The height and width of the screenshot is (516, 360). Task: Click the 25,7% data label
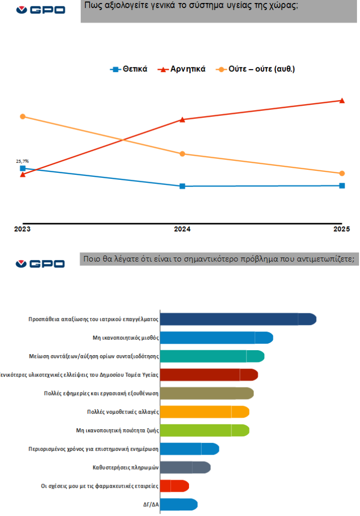[x=22, y=161]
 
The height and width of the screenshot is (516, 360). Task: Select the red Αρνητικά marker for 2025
[x=342, y=101]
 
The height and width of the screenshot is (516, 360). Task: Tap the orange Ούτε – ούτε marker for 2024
[x=183, y=154]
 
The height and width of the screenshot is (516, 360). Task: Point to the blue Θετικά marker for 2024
[x=183, y=186]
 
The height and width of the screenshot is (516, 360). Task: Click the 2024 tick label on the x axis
[x=182, y=229]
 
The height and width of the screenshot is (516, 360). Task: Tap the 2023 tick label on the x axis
[x=22, y=229]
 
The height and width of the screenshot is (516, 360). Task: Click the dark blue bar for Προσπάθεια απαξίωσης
[x=237, y=319]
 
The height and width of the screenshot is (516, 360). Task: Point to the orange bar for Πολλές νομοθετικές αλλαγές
[x=204, y=412]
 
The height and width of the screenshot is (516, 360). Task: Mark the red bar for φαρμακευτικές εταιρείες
[x=174, y=486]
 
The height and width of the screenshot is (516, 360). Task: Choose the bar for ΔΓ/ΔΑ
[x=178, y=504]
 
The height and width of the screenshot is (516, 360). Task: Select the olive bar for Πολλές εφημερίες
[x=206, y=393]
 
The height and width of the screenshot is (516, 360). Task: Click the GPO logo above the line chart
[x=40, y=10]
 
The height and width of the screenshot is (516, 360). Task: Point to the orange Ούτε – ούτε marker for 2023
[x=23, y=117]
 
